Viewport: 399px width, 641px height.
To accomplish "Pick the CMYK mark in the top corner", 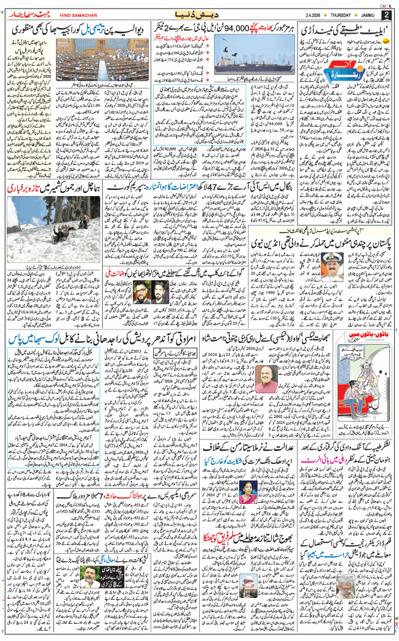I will [387, 4].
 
